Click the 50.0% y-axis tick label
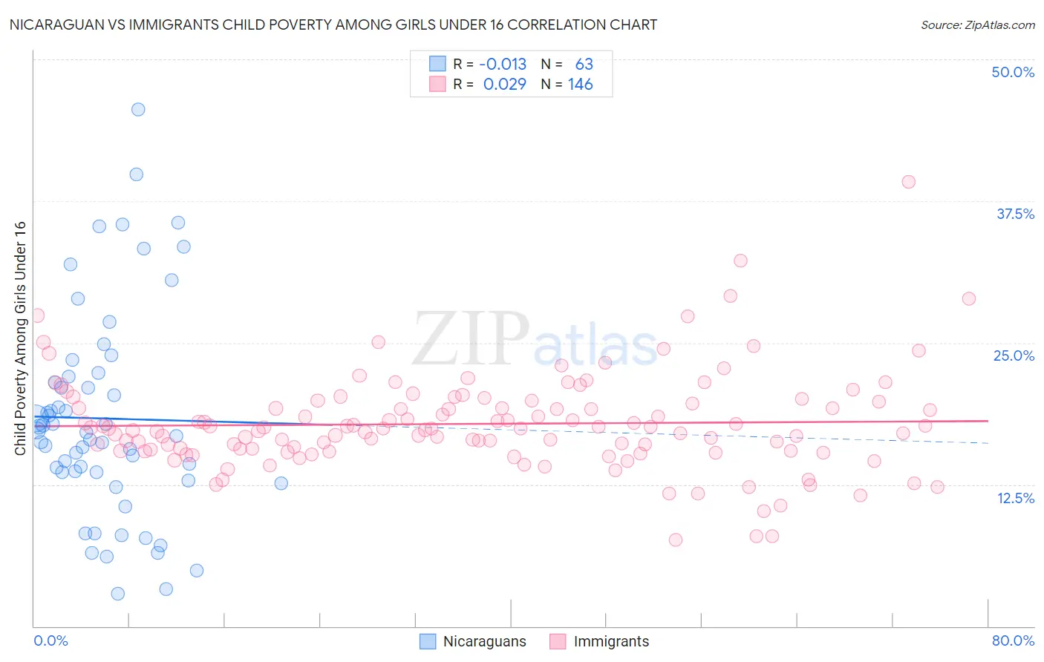click(1012, 72)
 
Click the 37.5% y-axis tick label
click(1014, 214)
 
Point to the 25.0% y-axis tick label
click(1013, 355)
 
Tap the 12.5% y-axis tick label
click(1014, 498)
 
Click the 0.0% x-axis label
click(50, 640)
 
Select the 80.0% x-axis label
click(1013, 640)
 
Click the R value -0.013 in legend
click(503, 64)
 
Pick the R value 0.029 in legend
click(504, 84)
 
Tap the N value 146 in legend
click(580, 84)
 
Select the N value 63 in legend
click(584, 64)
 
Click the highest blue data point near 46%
click(138, 109)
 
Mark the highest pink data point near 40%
click(908, 182)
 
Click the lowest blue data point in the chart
click(117, 594)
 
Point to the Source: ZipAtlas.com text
click(977, 24)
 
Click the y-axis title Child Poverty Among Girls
click(20, 338)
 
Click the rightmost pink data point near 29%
click(968, 298)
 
